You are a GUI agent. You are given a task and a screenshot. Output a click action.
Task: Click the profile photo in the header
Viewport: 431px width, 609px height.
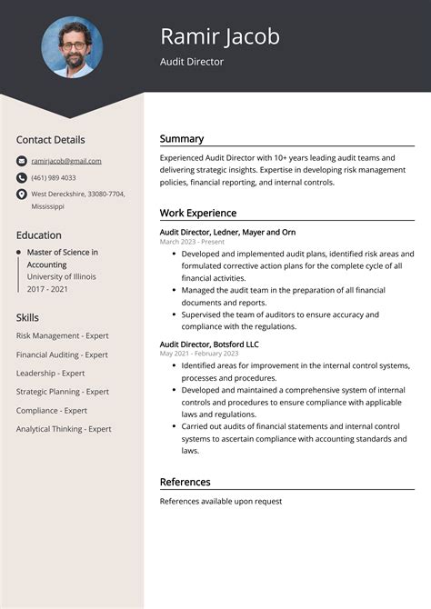(72, 47)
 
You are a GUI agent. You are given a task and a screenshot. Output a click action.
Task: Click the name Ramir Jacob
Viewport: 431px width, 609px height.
(219, 36)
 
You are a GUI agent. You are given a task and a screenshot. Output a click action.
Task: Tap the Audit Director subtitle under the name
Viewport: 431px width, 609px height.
(192, 62)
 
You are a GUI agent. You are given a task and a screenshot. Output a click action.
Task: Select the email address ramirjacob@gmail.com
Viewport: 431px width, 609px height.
(66, 161)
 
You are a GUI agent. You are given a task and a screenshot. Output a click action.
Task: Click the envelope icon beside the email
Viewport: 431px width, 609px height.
(21, 161)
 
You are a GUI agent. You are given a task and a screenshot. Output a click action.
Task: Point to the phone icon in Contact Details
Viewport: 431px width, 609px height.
(21, 177)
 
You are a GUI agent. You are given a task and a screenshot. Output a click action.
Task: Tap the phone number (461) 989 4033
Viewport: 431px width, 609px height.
(54, 177)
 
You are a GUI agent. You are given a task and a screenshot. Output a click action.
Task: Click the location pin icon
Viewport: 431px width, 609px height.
(21, 195)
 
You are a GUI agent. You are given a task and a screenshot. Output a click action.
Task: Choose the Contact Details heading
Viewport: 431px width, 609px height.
(50, 140)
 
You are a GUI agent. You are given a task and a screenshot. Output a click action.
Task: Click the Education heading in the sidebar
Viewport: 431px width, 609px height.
(38, 235)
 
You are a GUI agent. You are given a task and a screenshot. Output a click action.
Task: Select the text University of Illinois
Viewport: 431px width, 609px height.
(61, 276)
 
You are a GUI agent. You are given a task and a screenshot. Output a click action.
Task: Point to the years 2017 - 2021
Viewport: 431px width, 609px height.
(48, 288)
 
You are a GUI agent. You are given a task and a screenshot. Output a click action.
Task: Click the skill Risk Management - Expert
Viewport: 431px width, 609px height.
(62, 335)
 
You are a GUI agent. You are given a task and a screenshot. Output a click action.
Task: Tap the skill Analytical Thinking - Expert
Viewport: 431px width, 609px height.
(64, 429)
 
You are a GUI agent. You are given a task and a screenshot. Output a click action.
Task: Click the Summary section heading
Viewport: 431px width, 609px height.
(182, 139)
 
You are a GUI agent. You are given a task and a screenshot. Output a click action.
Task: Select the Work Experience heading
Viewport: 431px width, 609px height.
(197, 213)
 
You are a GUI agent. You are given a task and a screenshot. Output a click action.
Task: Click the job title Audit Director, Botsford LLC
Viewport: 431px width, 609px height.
(209, 344)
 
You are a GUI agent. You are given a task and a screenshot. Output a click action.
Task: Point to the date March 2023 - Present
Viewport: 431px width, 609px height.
(192, 242)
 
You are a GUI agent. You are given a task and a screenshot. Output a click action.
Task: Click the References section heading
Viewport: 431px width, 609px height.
(185, 482)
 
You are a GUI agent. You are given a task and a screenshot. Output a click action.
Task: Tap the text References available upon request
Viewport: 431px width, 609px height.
(221, 501)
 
